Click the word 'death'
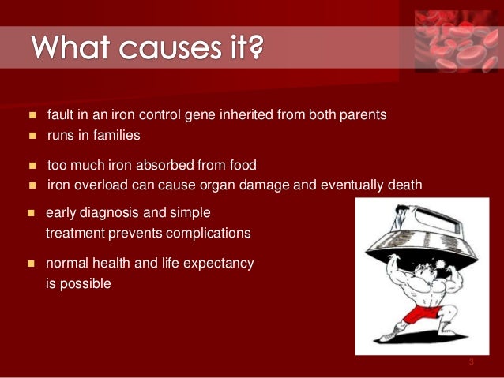click(403, 185)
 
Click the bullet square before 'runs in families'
click(32, 136)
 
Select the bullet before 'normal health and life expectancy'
click(32, 264)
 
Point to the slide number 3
click(471, 362)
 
